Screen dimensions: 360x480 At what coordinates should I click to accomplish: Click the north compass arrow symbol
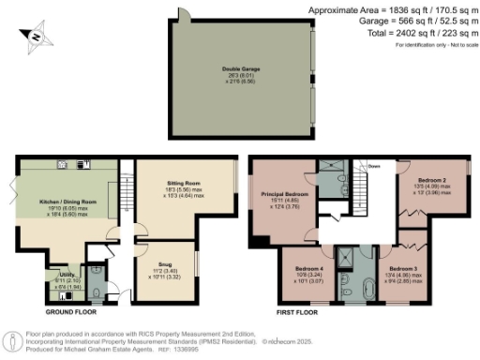click(x=35, y=37)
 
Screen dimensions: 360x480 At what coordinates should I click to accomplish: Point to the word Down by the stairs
click(x=374, y=167)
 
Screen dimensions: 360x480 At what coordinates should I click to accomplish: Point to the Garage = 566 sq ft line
click(x=410, y=21)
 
